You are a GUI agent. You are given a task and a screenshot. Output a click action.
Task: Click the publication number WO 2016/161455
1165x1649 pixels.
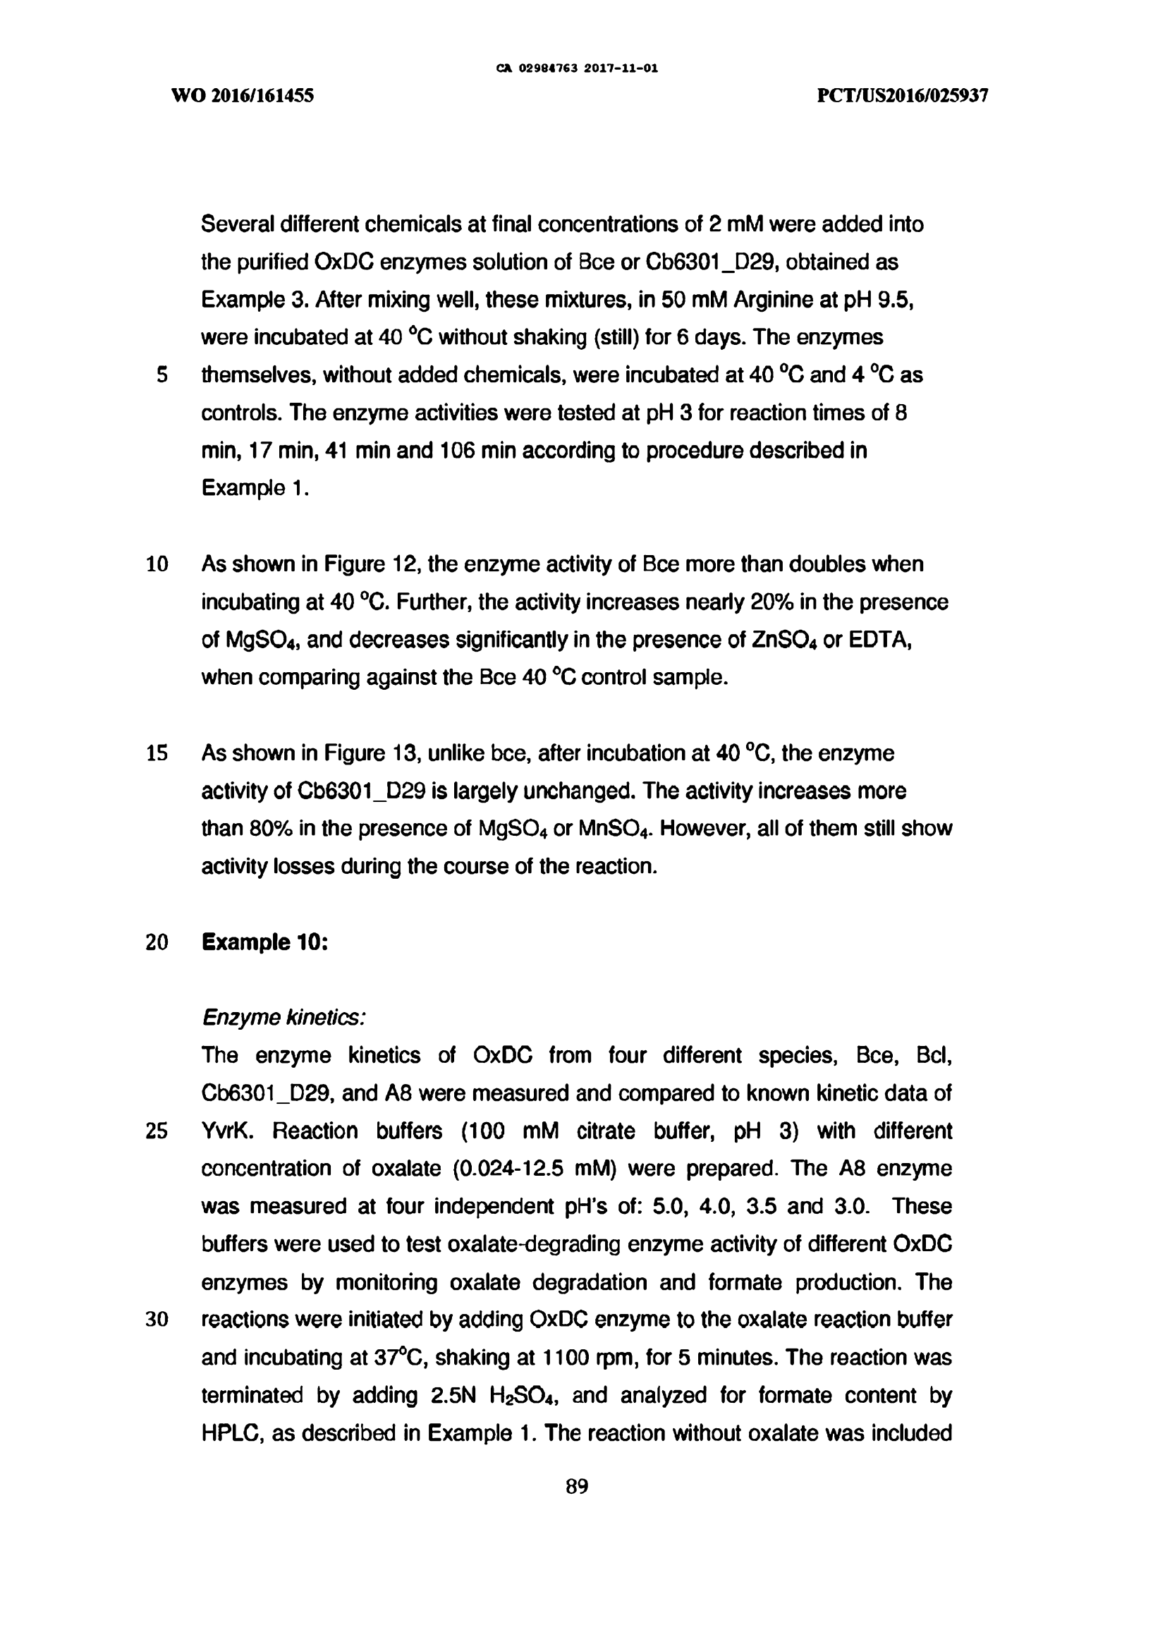tap(242, 95)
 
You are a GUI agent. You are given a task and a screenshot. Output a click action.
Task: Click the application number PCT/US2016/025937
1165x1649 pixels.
tap(903, 95)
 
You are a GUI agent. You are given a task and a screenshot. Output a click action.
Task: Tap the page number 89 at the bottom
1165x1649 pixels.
tap(577, 1486)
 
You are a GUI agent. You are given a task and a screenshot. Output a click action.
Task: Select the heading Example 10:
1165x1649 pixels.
tap(265, 942)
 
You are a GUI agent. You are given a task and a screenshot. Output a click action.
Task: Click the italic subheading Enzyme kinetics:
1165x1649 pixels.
tap(283, 1017)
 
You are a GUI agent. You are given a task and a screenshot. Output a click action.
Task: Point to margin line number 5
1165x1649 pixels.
tap(162, 375)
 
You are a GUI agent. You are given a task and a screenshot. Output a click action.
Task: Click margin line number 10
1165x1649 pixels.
tap(157, 564)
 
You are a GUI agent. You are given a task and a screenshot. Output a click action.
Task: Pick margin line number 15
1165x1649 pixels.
tap(157, 753)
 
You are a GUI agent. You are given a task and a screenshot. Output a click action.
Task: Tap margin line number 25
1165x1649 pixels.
tap(157, 1131)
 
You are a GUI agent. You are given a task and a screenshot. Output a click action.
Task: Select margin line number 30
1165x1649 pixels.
tap(157, 1320)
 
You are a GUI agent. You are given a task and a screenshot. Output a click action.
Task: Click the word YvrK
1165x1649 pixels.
tap(228, 1131)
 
